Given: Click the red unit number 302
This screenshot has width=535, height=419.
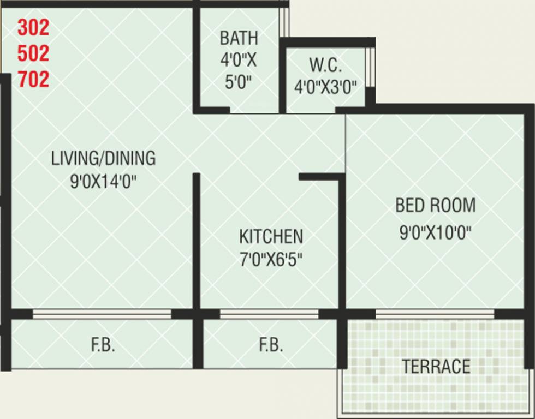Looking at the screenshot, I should (33, 27).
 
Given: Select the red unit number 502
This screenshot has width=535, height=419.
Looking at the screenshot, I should (33, 53).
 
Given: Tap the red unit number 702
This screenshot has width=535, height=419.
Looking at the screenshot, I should (33, 80).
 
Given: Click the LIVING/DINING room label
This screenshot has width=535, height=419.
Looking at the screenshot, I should (103, 158).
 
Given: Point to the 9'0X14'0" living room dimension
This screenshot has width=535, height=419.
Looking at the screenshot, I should (103, 181).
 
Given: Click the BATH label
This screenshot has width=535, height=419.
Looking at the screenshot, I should (239, 38).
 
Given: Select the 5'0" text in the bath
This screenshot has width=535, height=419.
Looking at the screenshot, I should (239, 82).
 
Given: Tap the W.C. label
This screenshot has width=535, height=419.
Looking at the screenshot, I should (326, 65).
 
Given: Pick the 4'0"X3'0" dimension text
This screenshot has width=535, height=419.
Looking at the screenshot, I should (326, 87).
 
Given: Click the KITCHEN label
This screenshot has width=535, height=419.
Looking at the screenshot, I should (271, 236).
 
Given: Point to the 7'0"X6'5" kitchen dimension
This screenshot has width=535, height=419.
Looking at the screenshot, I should (271, 259).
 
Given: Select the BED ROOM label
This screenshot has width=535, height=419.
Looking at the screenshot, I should (435, 206).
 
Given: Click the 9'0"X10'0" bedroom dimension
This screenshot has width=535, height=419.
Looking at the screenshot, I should (435, 233).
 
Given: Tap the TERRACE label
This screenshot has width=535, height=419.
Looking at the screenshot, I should (436, 367).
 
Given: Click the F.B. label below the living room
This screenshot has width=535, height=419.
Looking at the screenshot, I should (103, 345).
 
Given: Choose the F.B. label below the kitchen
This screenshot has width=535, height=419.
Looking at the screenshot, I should (271, 345).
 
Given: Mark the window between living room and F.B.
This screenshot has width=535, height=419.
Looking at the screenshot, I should (102, 314).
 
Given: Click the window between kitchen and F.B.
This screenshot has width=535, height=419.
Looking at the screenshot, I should (269, 314).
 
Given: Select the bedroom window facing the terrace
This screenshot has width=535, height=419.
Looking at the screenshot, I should (435, 314).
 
